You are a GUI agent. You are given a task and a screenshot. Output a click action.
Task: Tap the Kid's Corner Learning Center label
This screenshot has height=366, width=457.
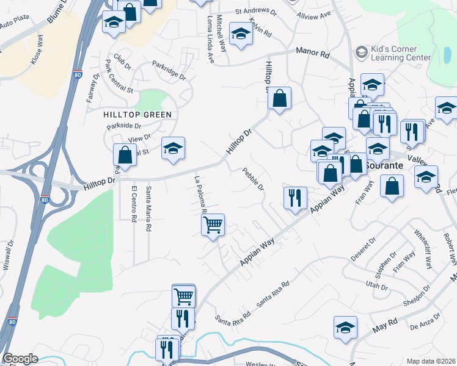click(400, 53)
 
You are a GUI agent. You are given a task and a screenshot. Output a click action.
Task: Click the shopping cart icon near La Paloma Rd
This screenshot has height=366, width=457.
click(213, 224)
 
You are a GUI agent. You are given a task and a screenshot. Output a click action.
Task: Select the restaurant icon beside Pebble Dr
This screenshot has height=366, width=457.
click(295, 198)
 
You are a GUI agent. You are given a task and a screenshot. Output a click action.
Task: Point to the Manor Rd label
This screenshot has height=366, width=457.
click(313, 54)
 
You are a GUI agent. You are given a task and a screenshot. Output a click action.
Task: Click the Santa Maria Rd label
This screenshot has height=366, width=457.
click(148, 209)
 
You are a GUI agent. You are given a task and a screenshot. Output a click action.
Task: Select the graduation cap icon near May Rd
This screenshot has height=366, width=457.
click(345, 327)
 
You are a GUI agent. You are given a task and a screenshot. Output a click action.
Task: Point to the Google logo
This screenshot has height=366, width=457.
click(20, 359)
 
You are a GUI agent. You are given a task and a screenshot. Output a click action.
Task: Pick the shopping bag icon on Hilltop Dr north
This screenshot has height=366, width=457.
click(279, 98)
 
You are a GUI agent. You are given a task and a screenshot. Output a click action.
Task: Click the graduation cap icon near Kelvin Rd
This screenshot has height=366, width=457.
click(241, 34)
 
